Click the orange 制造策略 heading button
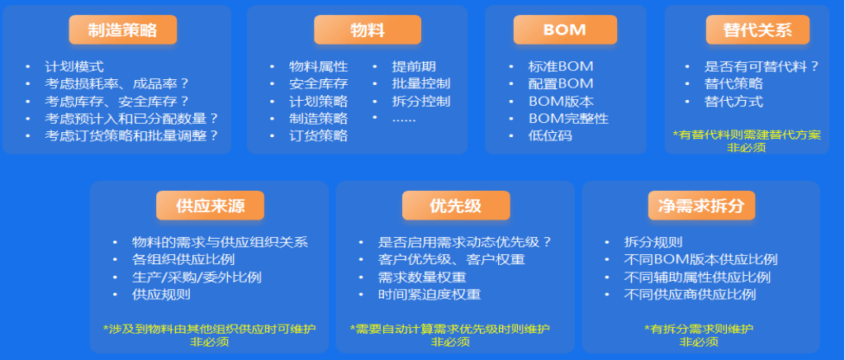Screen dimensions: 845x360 coord(123,30)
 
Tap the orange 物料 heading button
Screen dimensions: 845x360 coord(368,30)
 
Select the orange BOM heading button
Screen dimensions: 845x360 coord(565,30)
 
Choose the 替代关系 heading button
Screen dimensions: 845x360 coord(757,30)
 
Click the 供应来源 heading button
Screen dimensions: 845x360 coord(210,206)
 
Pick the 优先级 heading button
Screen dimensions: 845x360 coord(456,206)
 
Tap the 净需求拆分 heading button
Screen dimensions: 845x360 coord(701,206)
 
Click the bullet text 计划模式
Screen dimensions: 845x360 coord(74,67)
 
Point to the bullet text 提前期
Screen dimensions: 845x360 coord(414,67)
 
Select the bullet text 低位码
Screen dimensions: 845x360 coord(550,135)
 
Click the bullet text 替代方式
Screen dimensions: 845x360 coord(733,102)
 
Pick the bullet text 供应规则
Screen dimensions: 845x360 coord(161,294)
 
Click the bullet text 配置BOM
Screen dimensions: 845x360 coord(561,83)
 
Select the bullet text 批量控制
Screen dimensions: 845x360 coord(421,83)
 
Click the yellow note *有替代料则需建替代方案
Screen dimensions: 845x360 coord(747,135)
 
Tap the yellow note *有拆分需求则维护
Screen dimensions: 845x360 coord(699,329)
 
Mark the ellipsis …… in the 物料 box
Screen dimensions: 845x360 coord(404,120)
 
